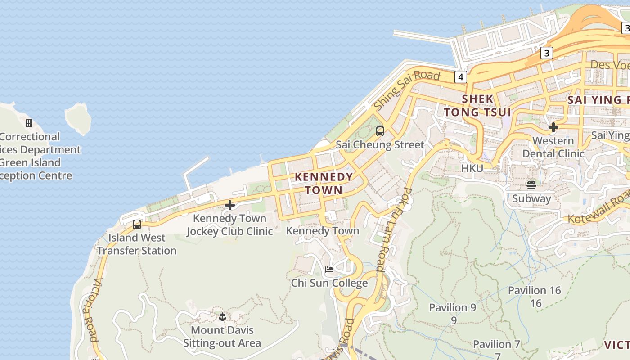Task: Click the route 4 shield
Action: point(460,77)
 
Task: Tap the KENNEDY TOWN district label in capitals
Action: point(324,183)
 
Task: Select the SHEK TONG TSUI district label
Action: point(477,105)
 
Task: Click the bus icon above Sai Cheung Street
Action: point(380,131)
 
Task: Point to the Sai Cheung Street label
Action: point(380,145)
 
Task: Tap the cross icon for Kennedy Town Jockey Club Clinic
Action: point(230,205)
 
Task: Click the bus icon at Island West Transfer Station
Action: point(137,224)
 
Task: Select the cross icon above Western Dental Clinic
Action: point(553,127)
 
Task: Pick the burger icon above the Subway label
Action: point(531,185)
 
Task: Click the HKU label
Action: point(472,168)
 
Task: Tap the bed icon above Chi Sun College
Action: point(329,270)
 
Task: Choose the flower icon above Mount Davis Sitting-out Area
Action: point(222,317)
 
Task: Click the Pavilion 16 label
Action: point(535,290)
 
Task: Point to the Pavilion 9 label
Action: point(453,308)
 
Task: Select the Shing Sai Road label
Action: point(407,89)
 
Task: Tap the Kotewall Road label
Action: point(599,207)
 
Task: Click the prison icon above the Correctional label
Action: point(29,123)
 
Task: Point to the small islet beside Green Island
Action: point(78,118)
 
